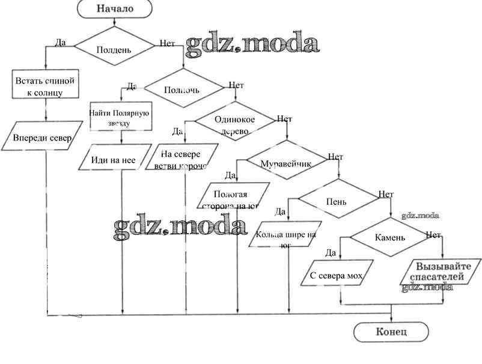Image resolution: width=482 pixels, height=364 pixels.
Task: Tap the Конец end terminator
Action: pos(391,332)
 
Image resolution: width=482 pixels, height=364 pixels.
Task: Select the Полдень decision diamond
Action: pos(114,49)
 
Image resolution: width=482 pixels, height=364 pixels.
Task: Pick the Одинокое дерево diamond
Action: pos(234,124)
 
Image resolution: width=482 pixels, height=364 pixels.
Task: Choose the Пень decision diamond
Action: pos(336,201)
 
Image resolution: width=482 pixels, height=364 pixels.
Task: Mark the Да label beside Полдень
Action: pos(60,43)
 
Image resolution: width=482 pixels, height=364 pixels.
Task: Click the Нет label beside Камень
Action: pos(433,234)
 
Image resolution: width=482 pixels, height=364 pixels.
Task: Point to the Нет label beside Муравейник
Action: pos(335,157)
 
